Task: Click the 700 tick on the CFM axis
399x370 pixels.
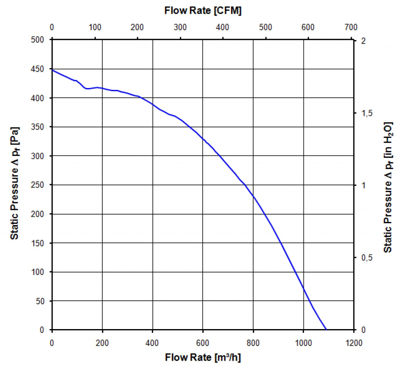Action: [x=351, y=27]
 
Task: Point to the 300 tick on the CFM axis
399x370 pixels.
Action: [x=180, y=27]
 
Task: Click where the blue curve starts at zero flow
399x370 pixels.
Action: [x=52, y=70]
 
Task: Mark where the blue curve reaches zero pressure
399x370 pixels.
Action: [x=326, y=329]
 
